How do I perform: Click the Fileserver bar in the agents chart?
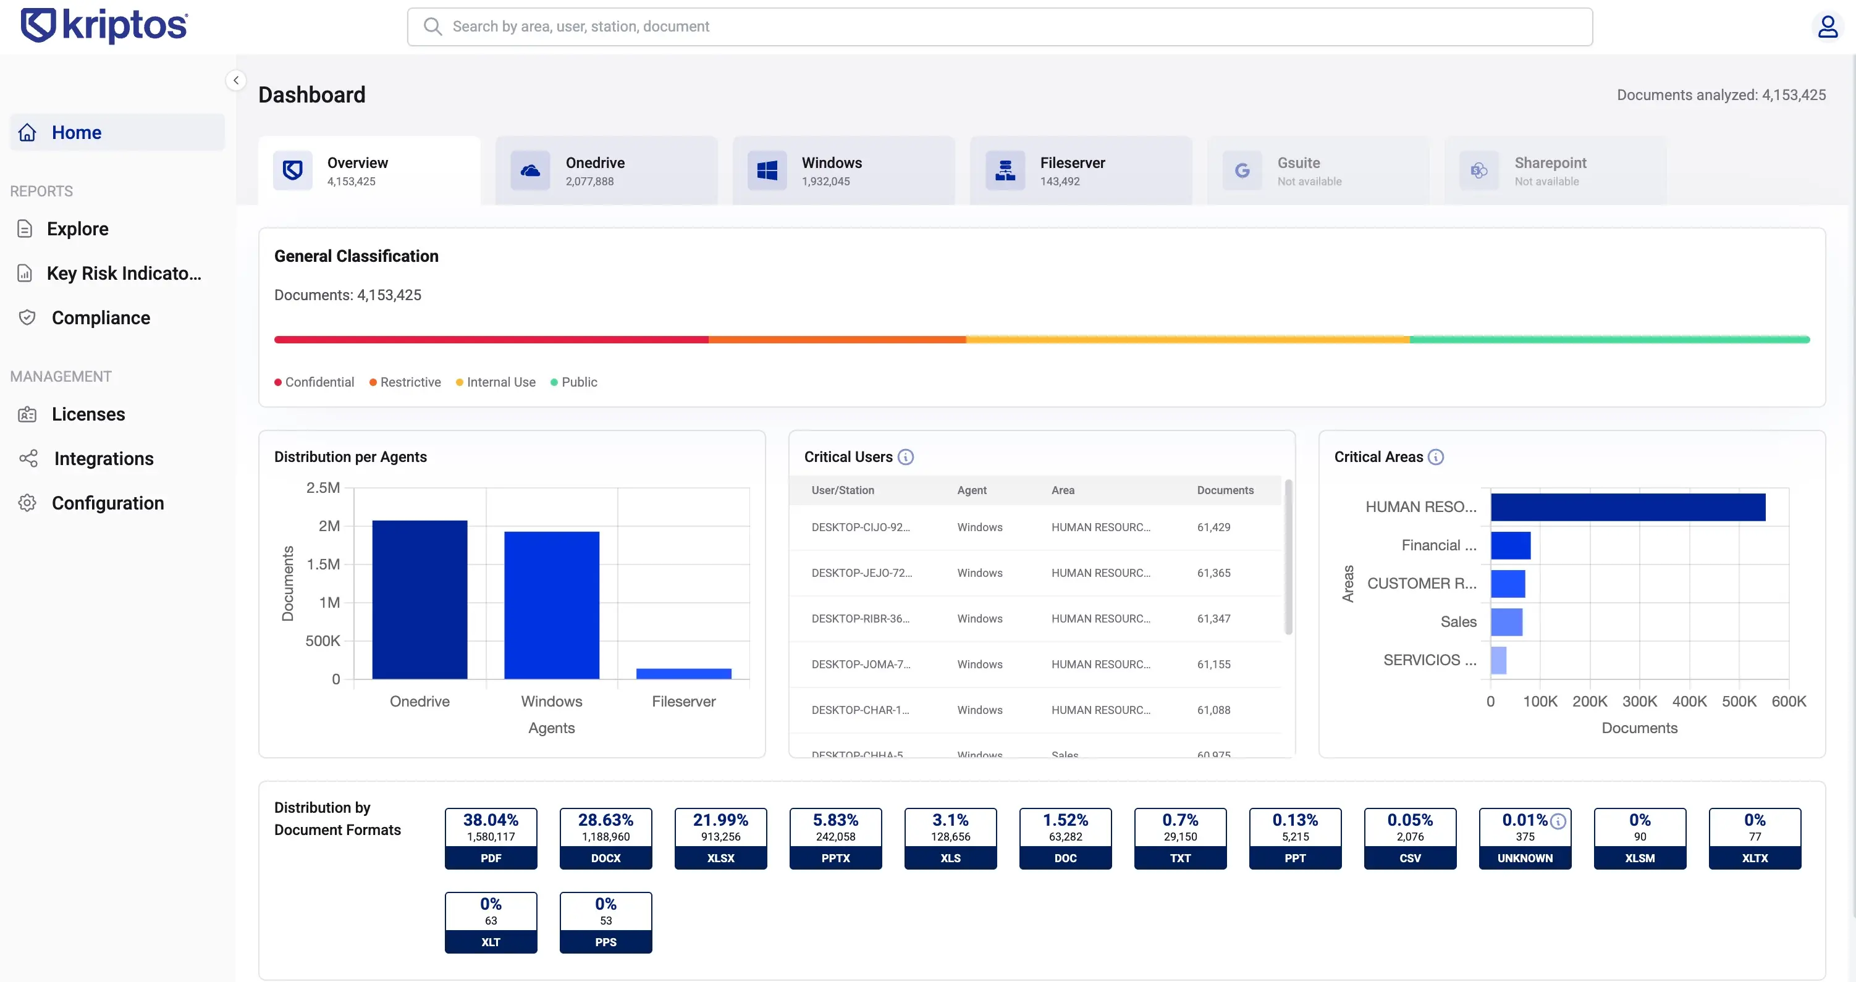click(x=683, y=674)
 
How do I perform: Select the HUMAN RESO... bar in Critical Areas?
click(x=1627, y=507)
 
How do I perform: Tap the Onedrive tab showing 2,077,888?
click(x=606, y=170)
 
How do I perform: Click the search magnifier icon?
click(x=432, y=27)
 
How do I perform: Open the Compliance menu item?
click(x=100, y=317)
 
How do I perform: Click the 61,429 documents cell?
click(x=1213, y=527)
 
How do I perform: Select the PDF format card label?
click(x=491, y=858)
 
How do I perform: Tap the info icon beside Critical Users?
click(x=906, y=457)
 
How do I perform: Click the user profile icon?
click(x=1827, y=27)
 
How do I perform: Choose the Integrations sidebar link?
click(x=103, y=459)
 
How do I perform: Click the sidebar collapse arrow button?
click(x=235, y=80)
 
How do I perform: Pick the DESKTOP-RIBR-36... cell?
click(x=860, y=619)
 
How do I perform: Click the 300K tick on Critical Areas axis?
click(x=1639, y=701)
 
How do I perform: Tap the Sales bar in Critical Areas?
click(x=1506, y=622)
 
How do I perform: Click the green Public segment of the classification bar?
click(x=1609, y=339)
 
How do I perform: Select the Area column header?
click(x=1063, y=490)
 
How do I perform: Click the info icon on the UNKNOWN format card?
click(x=1558, y=821)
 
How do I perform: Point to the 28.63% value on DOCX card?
click(x=605, y=820)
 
